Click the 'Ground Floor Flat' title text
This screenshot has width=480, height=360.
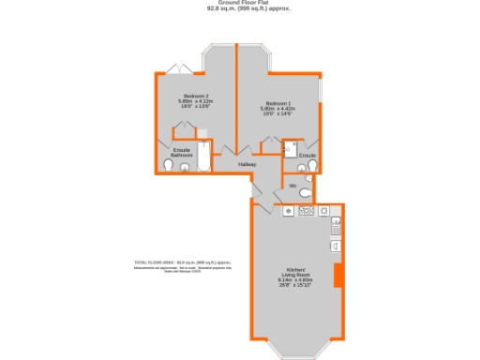coord(239,3)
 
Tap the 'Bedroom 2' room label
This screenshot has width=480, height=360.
coord(196,97)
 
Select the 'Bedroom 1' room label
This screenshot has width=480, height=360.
coord(277,102)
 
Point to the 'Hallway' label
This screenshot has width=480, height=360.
coord(247,164)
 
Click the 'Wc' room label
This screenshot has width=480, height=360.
coord(293,186)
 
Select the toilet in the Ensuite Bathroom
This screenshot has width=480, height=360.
coord(169,166)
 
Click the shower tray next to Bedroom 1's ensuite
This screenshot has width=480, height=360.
coord(290,147)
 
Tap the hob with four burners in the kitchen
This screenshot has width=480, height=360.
coord(306,212)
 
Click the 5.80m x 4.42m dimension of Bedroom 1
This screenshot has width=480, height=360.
coord(277,109)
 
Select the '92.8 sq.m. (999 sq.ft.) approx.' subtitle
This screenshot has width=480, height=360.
coord(239,9)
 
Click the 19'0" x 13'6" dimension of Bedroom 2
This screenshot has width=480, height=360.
coord(196,108)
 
